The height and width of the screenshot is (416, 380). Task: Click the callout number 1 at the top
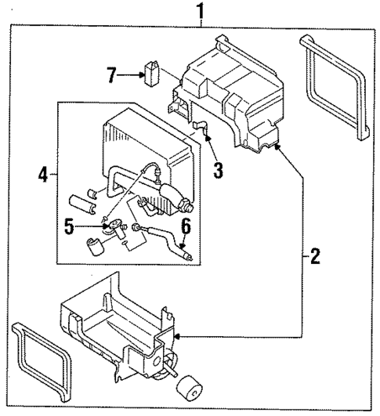click(201, 11)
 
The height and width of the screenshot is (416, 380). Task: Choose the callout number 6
click(185, 227)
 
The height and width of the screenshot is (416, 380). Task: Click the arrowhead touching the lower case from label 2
click(178, 336)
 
